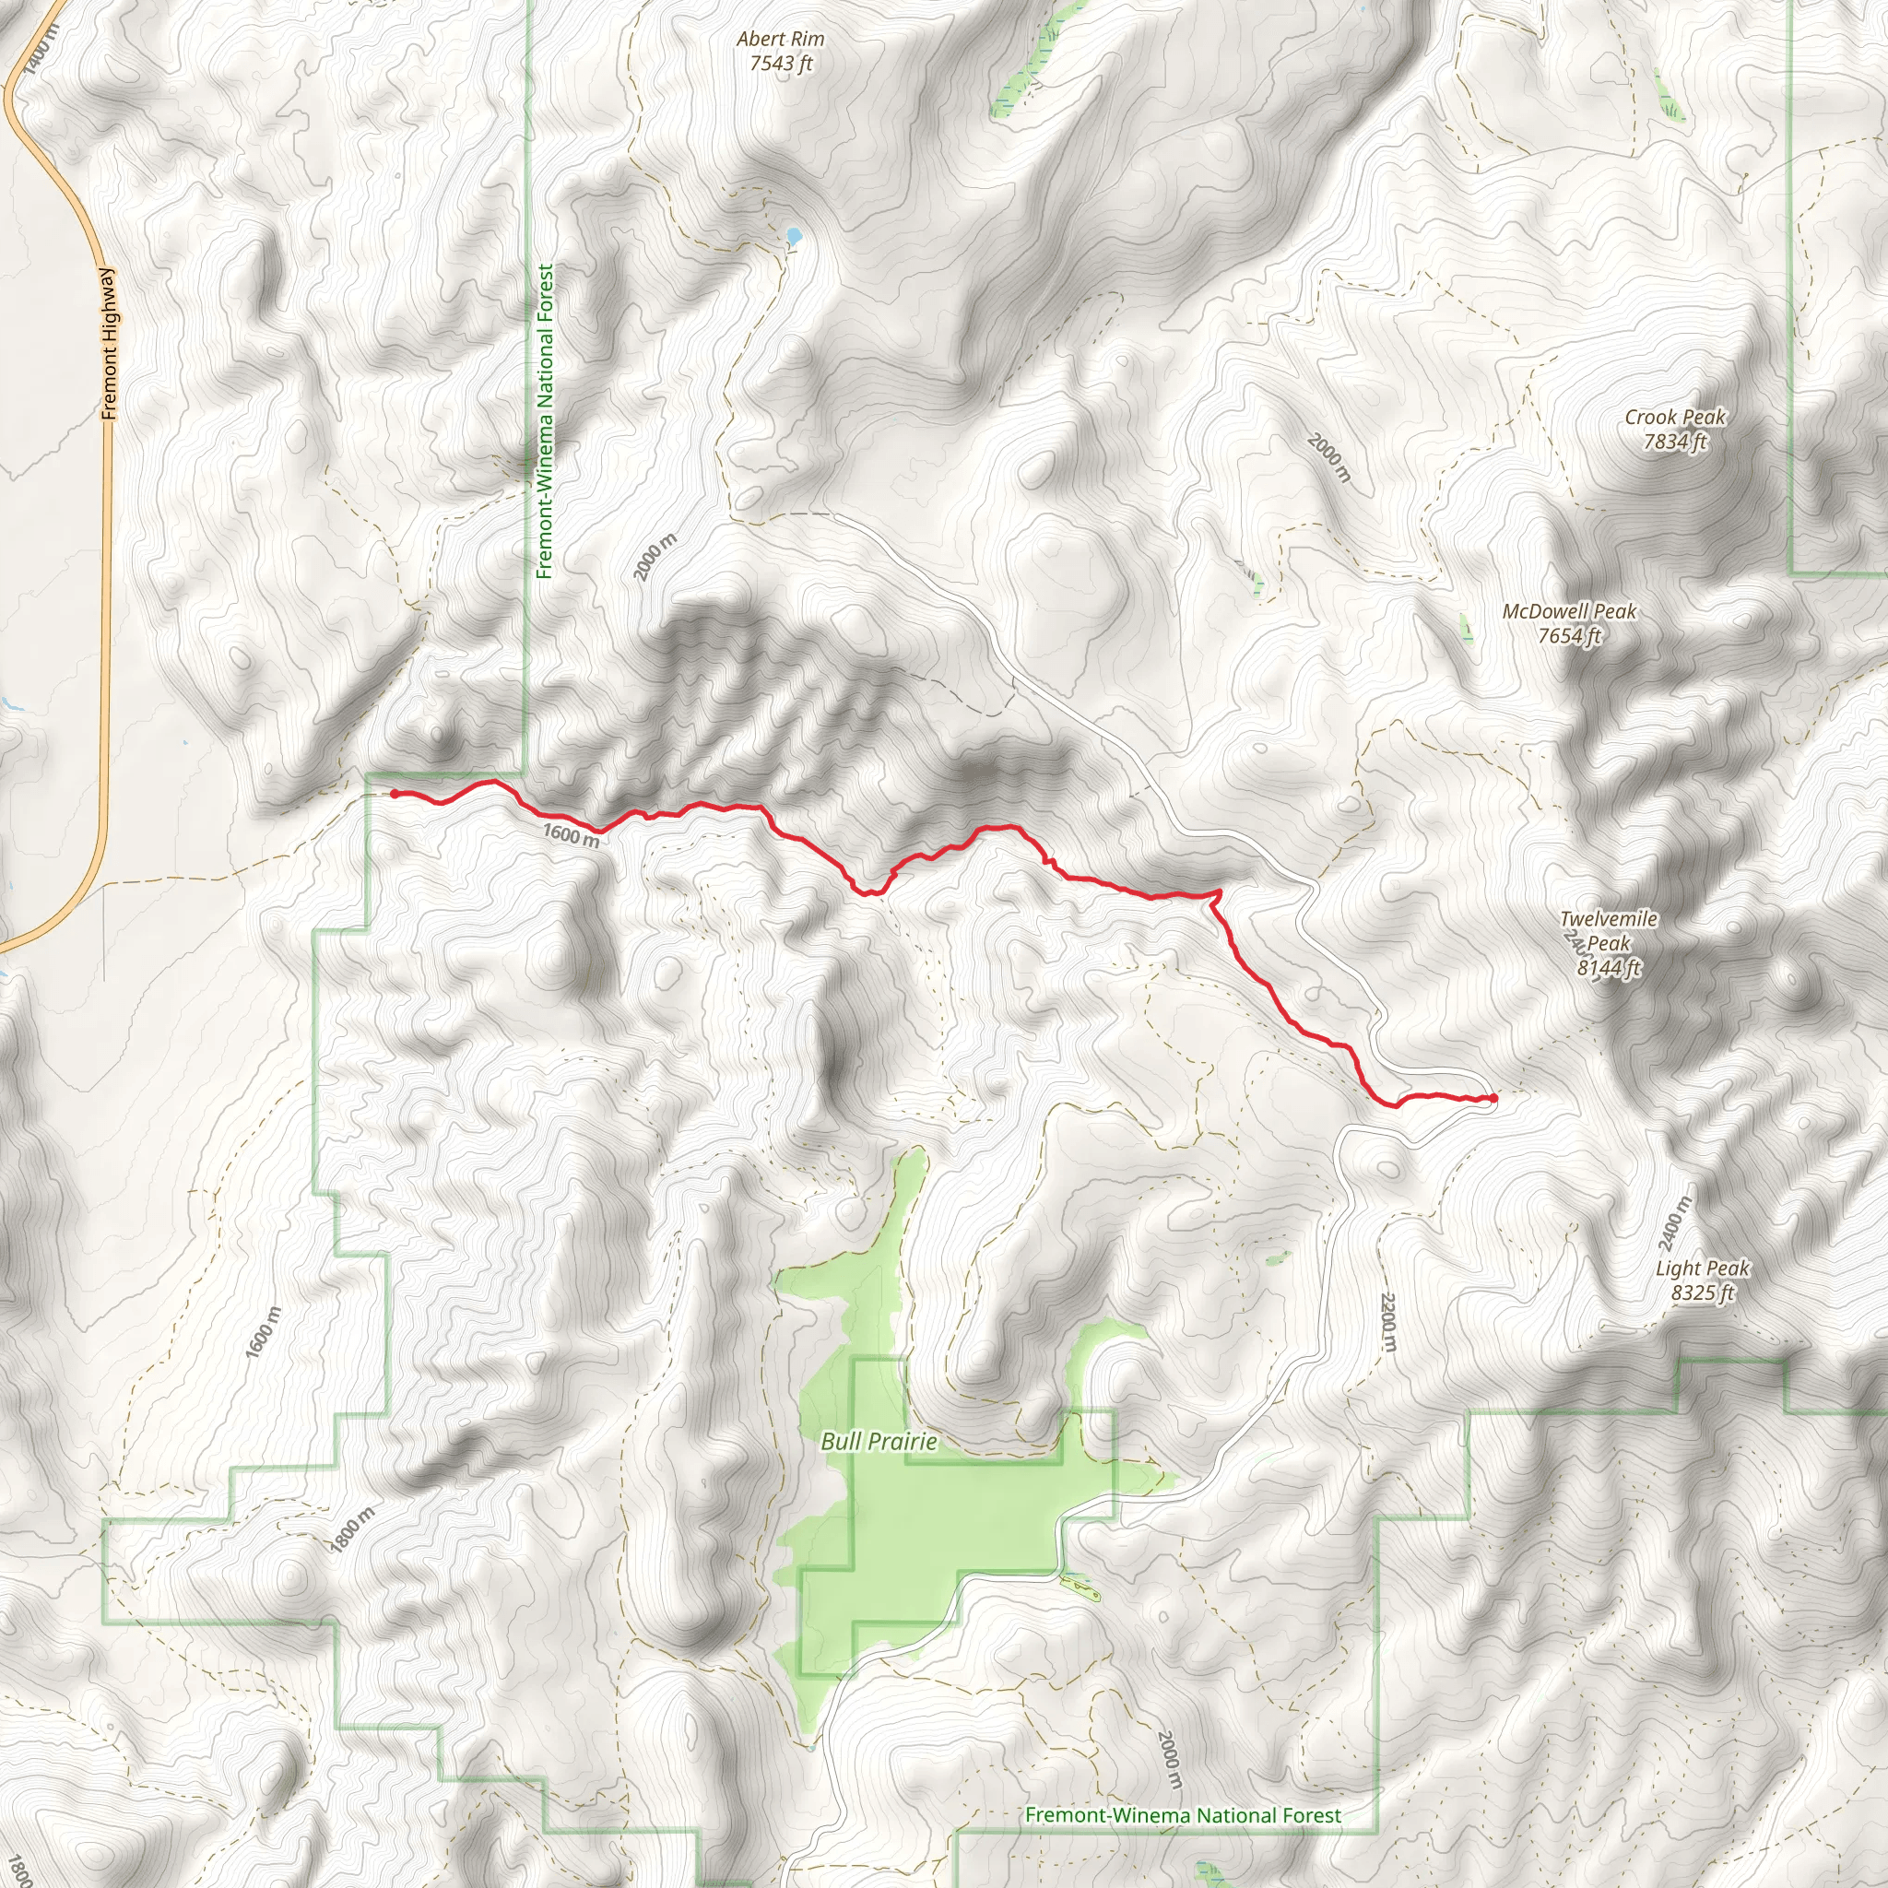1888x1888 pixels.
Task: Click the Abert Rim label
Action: (x=780, y=39)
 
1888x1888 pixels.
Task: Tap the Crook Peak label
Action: (x=1675, y=418)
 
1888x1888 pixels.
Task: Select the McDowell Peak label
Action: (x=1568, y=612)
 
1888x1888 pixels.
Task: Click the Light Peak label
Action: (x=1703, y=1268)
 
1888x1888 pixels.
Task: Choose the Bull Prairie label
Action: (x=879, y=1442)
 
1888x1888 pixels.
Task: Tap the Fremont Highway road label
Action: (x=109, y=344)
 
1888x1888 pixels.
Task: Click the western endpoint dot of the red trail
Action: (x=395, y=795)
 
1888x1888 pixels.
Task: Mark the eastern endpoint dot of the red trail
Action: (x=1493, y=1098)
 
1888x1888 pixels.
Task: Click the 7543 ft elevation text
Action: (x=781, y=65)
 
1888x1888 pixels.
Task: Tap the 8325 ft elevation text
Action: (x=1703, y=1292)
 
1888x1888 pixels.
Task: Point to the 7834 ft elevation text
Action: (x=1675, y=442)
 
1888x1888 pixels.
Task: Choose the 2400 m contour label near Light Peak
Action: (x=1673, y=1223)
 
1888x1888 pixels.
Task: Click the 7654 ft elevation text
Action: (x=1569, y=636)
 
